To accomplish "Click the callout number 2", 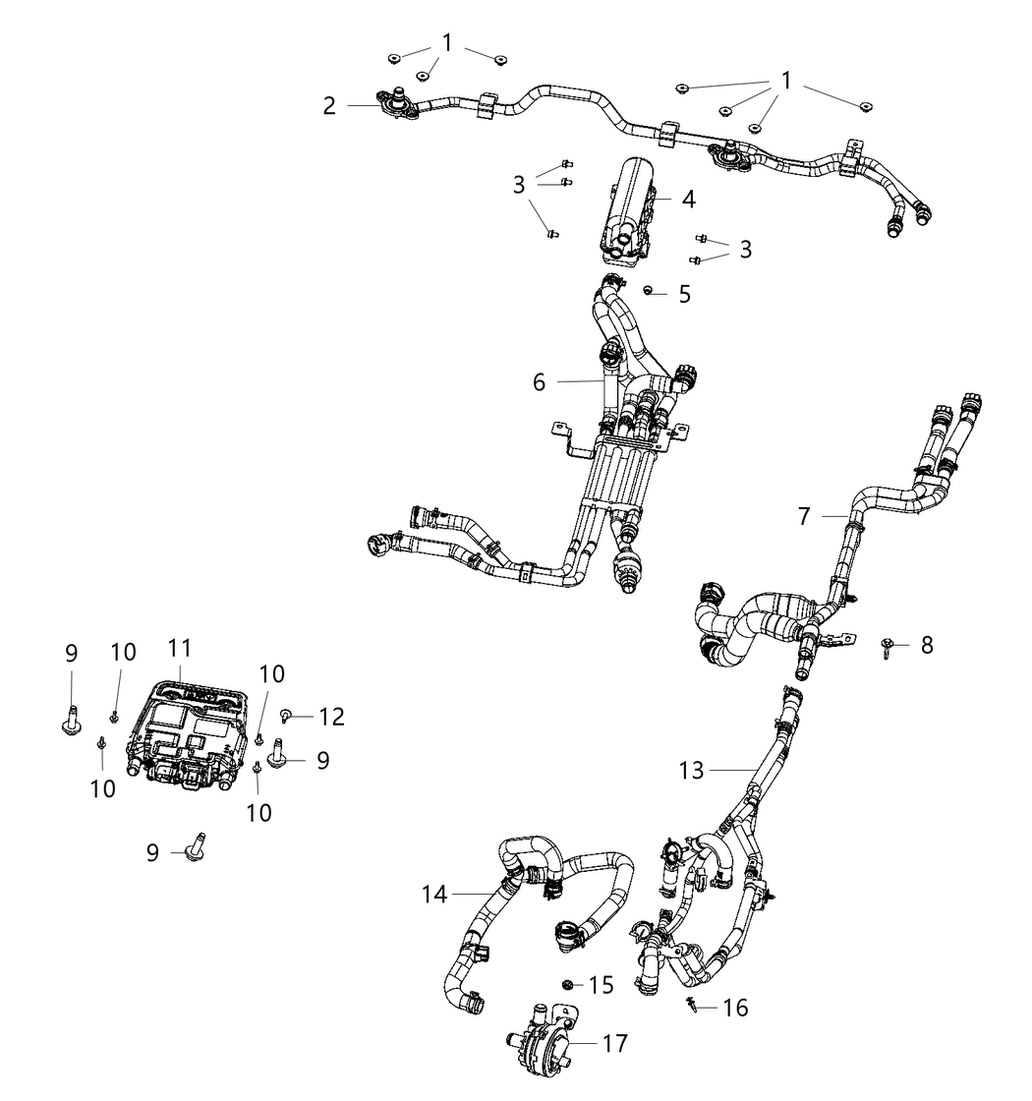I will coord(330,105).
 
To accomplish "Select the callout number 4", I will coord(689,200).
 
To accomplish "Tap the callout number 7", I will coord(804,515).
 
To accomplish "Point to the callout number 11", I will coord(180,649).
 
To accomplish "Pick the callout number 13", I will coord(692,771).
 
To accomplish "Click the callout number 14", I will coord(434,895).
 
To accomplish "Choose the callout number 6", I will coord(540,381).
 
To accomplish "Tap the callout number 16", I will coord(735,1008).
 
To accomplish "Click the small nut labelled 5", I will coord(649,290).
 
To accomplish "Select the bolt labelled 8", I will coord(889,645).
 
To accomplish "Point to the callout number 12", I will coord(331,717).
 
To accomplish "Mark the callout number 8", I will coord(927,645).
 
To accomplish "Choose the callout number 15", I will coord(601,984).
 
